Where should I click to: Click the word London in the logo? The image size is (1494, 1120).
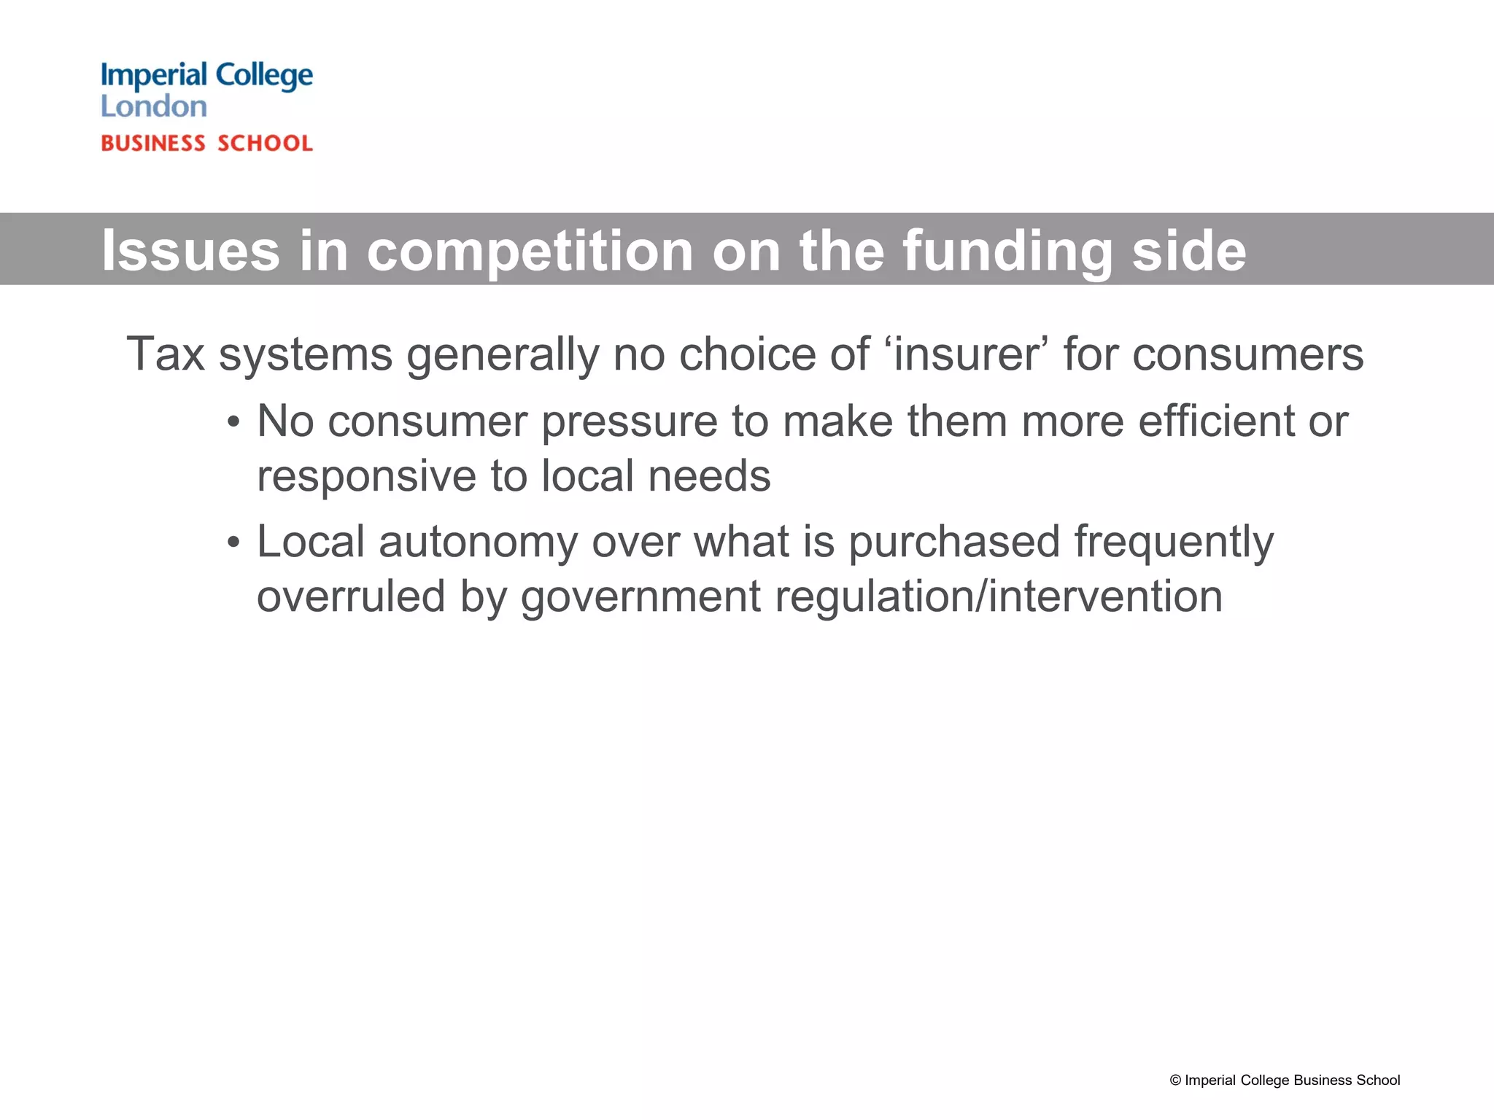[153, 107]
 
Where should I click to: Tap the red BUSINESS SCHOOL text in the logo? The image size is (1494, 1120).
[206, 143]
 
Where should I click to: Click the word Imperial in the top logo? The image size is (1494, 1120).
[154, 76]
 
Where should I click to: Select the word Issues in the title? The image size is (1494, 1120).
[190, 251]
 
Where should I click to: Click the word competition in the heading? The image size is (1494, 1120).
[530, 251]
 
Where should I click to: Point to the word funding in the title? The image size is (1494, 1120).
[1007, 251]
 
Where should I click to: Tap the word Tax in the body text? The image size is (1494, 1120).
[165, 354]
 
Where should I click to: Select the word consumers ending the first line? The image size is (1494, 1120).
[1247, 354]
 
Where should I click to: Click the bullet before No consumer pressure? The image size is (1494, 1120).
[233, 423]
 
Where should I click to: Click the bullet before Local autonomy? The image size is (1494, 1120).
[233, 543]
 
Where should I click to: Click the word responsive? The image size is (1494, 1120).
[366, 476]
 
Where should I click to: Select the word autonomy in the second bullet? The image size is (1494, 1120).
[478, 542]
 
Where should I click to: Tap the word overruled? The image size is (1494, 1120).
[350, 596]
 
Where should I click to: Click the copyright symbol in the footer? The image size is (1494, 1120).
[1175, 1081]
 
